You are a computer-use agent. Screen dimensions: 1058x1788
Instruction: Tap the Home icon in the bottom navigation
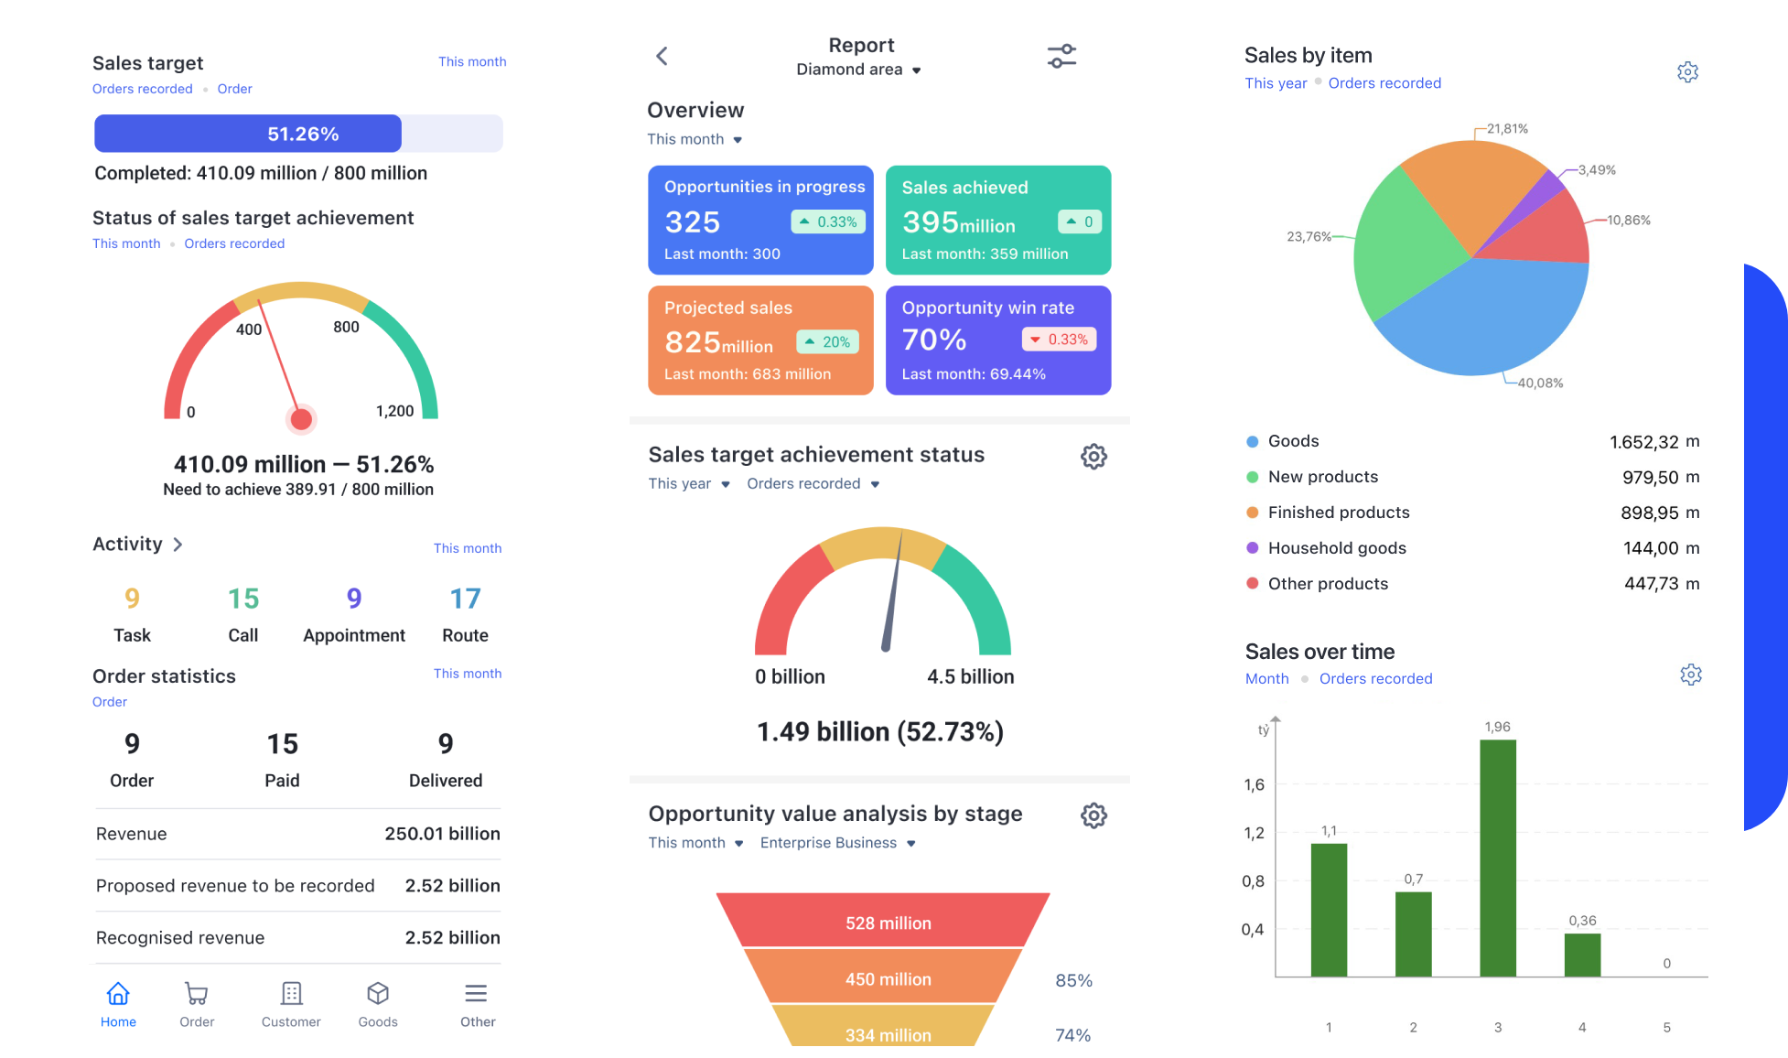tap(118, 994)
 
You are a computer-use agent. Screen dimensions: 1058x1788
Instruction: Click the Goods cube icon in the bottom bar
tap(378, 994)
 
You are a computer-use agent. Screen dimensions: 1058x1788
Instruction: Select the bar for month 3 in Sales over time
tap(1497, 858)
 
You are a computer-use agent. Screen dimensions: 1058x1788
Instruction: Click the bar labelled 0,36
tap(1582, 955)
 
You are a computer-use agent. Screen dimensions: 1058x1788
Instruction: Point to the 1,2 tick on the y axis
tap(1254, 833)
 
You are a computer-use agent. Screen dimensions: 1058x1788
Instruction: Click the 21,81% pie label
tap(1507, 129)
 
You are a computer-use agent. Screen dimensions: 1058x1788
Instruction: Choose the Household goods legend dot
tap(1252, 548)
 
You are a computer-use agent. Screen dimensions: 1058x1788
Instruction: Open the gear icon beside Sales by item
tap(1687, 72)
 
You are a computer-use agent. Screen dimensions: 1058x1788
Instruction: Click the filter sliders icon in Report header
tap(1061, 56)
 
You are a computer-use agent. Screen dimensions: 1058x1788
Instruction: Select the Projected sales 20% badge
tap(828, 342)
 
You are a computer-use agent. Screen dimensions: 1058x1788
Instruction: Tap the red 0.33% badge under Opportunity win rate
tap(1059, 340)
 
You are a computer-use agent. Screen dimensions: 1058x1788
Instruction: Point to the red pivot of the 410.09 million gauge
tap(301, 419)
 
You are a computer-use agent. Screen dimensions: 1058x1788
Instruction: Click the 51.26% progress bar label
tap(303, 135)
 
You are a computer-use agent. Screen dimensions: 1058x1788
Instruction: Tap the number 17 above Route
tap(465, 599)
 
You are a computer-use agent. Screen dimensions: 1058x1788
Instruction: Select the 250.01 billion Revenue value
tap(442, 834)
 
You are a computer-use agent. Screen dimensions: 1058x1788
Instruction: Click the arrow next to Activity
tap(178, 545)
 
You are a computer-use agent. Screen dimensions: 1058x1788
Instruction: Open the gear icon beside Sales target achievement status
tap(1093, 456)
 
